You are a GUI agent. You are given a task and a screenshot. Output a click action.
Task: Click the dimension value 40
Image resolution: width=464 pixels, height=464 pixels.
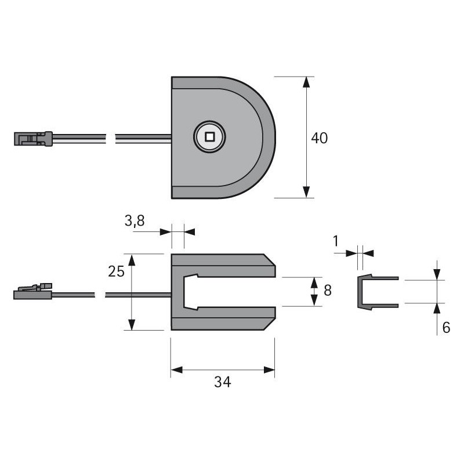click(320, 138)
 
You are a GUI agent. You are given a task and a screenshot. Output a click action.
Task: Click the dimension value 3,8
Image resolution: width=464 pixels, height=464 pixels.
click(135, 221)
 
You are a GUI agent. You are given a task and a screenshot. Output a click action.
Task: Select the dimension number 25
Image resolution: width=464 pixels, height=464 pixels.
click(117, 271)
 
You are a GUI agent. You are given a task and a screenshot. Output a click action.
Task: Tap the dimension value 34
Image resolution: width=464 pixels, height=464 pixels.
click(223, 382)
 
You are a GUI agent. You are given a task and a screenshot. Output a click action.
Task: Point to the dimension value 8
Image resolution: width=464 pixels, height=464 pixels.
click(328, 291)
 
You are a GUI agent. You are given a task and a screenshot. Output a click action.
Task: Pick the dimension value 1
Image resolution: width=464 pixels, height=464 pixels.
click(336, 241)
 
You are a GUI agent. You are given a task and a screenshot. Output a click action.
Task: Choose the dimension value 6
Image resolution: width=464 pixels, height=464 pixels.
click(446, 328)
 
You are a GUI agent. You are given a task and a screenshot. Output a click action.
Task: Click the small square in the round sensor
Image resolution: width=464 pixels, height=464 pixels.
click(210, 137)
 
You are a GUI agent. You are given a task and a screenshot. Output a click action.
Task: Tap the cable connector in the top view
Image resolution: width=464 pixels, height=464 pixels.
click(33, 139)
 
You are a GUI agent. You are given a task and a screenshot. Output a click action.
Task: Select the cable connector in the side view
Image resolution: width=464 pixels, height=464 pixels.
click(33, 292)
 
